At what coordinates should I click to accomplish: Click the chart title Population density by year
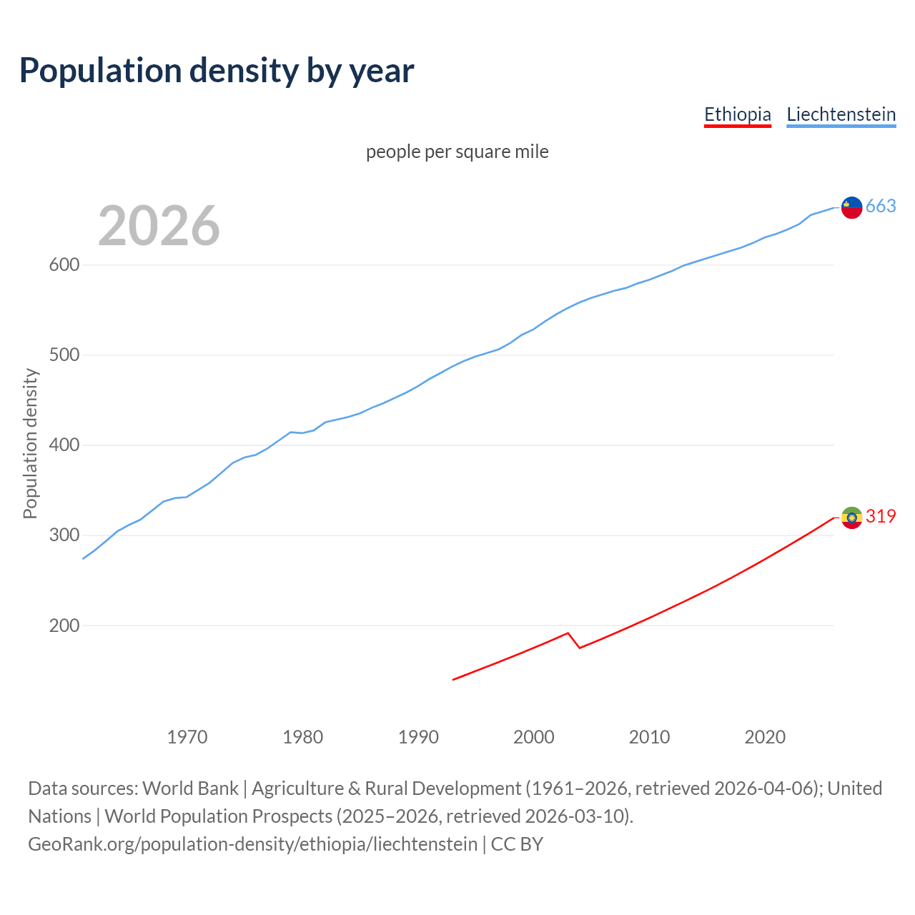click(217, 71)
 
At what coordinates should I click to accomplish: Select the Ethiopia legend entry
click(737, 114)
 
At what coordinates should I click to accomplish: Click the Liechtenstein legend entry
click(841, 114)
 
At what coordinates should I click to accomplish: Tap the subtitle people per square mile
click(457, 152)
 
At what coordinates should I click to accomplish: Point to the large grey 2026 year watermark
click(159, 226)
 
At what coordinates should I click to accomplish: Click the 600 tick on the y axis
click(64, 265)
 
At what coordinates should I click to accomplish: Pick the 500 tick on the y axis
click(64, 355)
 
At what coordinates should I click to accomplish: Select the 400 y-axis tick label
click(64, 445)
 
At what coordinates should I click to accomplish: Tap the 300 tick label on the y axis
click(64, 535)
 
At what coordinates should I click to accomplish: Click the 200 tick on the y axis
click(64, 625)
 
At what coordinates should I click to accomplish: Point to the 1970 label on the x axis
click(187, 737)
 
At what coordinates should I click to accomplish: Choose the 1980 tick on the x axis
click(302, 737)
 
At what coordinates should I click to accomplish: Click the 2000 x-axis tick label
click(533, 737)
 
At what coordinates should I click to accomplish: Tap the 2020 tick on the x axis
click(765, 737)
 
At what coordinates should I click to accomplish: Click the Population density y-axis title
click(30, 443)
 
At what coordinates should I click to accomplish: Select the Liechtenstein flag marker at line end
click(851, 207)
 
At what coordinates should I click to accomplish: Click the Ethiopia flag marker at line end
click(851, 518)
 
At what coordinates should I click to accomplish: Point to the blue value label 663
click(881, 207)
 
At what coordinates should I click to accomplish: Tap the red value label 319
click(881, 516)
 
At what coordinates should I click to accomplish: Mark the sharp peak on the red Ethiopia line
click(568, 633)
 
